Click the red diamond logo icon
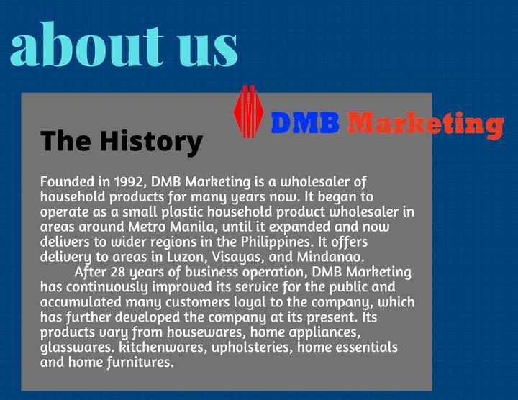click(248, 112)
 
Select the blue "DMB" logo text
click(304, 123)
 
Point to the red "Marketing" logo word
click(425, 123)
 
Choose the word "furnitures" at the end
click(140, 363)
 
